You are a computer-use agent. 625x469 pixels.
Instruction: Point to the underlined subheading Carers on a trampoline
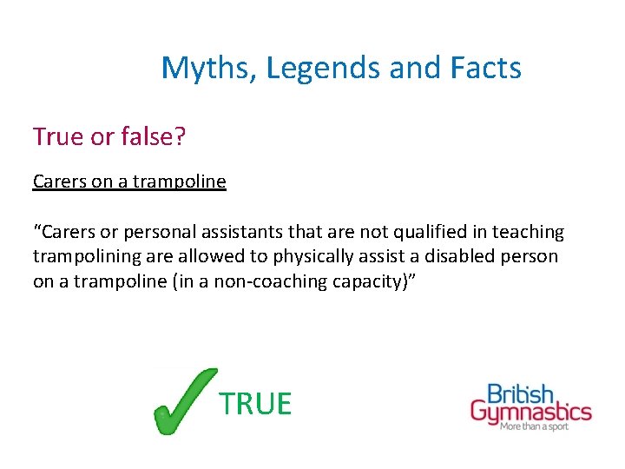click(x=129, y=182)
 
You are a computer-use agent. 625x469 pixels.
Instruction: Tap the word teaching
click(x=528, y=233)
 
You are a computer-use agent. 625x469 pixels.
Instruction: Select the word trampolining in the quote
click(x=85, y=257)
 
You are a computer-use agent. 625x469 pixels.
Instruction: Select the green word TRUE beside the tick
click(x=255, y=404)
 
